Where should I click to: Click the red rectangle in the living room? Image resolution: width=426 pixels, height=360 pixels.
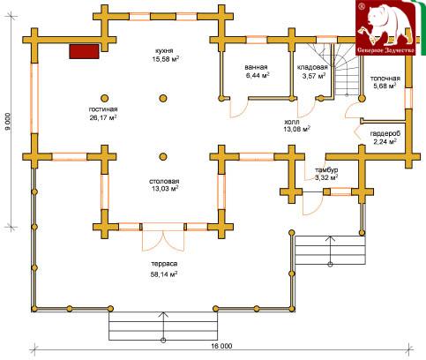click(x=84, y=51)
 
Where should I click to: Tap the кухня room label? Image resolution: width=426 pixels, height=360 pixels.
click(x=166, y=50)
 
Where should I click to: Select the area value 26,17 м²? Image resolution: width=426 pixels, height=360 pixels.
click(x=103, y=117)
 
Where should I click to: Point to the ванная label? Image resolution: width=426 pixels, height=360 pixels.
click(x=256, y=67)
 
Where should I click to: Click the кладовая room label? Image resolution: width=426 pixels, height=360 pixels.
click(x=312, y=67)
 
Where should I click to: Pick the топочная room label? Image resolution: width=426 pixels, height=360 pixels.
click(x=385, y=79)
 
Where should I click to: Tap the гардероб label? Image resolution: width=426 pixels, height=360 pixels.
click(x=385, y=133)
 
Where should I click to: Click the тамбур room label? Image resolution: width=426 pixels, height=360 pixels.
click(x=326, y=170)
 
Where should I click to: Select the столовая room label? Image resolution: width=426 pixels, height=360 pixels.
click(x=164, y=181)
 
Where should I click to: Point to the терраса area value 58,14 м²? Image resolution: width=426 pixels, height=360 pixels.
click(x=164, y=274)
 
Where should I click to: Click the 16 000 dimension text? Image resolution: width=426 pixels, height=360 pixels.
click(x=221, y=346)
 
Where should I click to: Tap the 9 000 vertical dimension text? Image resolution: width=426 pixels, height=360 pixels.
click(x=8, y=122)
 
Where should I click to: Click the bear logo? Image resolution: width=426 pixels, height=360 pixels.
click(x=385, y=27)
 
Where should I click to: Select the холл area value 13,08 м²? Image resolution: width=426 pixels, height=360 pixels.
click(x=297, y=129)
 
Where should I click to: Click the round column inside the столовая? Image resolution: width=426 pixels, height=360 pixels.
click(x=163, y=156)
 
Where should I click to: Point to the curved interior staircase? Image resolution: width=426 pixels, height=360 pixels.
click(x=346, y=69)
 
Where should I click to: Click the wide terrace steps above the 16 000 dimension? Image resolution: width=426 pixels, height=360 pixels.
click(x=163, y=326)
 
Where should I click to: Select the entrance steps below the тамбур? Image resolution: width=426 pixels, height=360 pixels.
click(x=330, y=250)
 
